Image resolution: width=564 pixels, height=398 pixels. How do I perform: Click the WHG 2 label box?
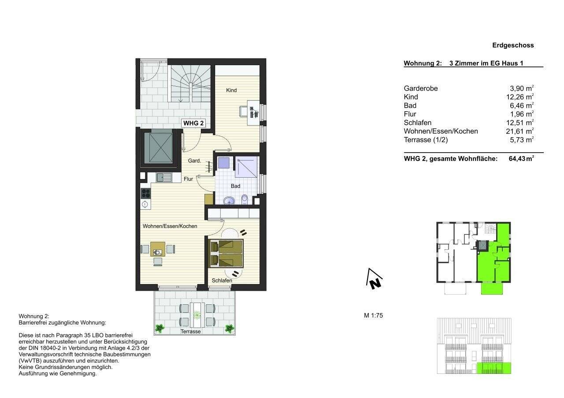point(193,123)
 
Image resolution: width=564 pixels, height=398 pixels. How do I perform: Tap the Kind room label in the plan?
point(231,90)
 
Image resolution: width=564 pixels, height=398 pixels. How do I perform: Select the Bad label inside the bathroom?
point(235,186)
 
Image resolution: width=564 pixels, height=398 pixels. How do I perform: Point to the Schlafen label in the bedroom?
point(222,281)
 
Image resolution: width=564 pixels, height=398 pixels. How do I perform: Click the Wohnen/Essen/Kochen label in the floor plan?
point(170,226)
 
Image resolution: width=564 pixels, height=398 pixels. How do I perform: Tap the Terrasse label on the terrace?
point(191,332)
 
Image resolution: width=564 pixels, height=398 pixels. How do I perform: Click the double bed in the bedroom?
point(226,253)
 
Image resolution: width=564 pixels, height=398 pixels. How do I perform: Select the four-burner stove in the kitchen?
point(145,193)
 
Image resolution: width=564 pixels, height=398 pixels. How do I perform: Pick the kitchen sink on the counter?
point(164,177)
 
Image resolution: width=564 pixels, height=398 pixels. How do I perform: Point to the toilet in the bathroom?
point(245,200)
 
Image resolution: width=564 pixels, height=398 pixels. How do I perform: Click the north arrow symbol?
point(375,279)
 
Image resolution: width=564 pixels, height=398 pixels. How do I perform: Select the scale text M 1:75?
point(373,315)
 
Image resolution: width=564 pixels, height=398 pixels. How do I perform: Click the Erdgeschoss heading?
point(513,45)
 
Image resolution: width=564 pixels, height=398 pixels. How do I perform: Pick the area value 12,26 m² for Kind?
point(520,97)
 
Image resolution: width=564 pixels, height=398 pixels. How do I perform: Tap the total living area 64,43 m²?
point(521,159)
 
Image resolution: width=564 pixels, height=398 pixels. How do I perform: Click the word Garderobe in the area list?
point(421,88)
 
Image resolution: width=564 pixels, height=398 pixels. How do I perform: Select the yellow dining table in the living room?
point(158,249)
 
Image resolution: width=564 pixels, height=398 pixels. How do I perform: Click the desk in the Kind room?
point(253,113)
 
